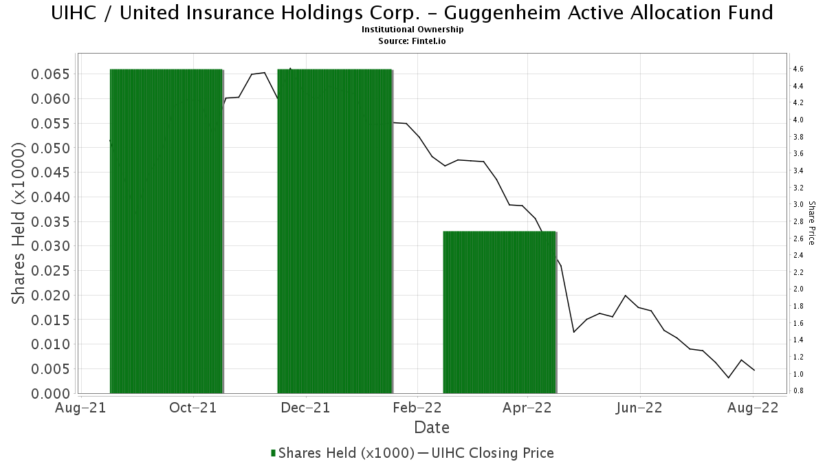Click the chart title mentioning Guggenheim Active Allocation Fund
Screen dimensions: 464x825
pos(412,12)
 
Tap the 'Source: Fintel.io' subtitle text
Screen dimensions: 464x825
pos(412,41)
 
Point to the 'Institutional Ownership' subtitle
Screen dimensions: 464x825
pos(412,30)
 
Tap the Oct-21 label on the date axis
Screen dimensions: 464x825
pos(193,408)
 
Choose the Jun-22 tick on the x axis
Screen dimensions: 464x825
pos(639,408)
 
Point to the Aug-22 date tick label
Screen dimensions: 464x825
pos(753,408)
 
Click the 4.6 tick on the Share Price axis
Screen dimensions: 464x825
pos(798,69)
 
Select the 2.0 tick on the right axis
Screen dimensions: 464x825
pos(798,289)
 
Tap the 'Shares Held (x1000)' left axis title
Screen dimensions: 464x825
pos(20,223)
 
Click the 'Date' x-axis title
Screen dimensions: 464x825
pos(432,428)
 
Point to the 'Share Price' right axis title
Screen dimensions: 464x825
pos(811,223)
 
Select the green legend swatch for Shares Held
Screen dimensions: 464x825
pos(274,453)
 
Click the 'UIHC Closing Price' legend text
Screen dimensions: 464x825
pos(492,453)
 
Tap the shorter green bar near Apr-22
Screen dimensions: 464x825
pos(499,312)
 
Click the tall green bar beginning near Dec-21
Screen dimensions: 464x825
pos(334,231)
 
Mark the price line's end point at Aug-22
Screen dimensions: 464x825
pos(754,371)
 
